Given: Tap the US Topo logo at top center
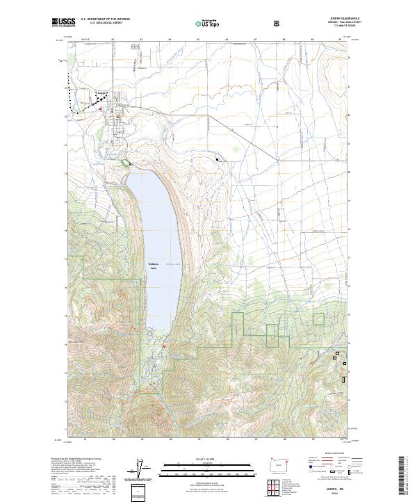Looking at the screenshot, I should pyautogui.click(x=208, y=24).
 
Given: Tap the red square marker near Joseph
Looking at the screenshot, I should pyautogui.click(x=100, y=108).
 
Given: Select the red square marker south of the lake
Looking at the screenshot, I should pyautogui.click(x=165, y=346).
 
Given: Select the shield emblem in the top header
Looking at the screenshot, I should pyautogui.click(x=278, y=23).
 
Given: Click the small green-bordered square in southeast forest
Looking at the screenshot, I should pyautogui.click(x=318, y=320).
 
